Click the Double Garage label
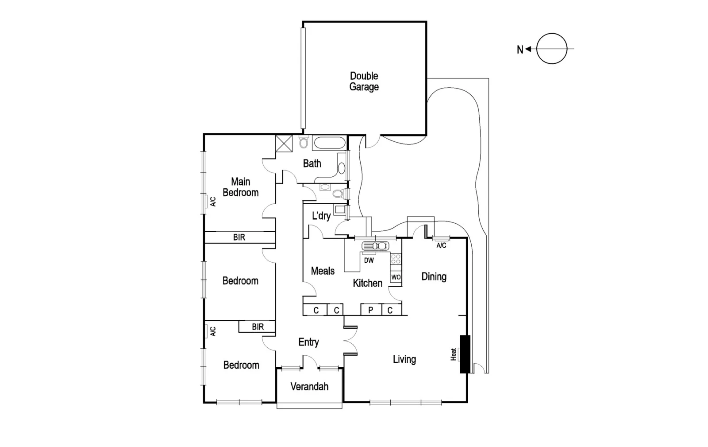(x=364, y=82)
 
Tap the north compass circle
(x=552, y=49)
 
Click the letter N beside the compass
(x=520, y=50)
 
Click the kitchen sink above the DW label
(x=375, y=245)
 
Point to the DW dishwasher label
(x=369, y=260)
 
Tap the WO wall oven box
(x=396, y=277)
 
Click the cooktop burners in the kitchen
(x=396, y=259)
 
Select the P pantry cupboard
(x=371, y=310)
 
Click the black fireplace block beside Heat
(x=465, y=354)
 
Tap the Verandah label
(x=309, y=387)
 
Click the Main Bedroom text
(x=240, y=187)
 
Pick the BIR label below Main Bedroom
(x=239, y=237)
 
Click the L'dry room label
(x=321, y=216)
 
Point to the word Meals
(x=323, y=271)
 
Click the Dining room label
(x=434, y=276)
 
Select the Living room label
(x=404, y=359)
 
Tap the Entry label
(x=308, y=342)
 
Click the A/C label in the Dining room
(x=441, y=245)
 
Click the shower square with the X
(x=284, y=143)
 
